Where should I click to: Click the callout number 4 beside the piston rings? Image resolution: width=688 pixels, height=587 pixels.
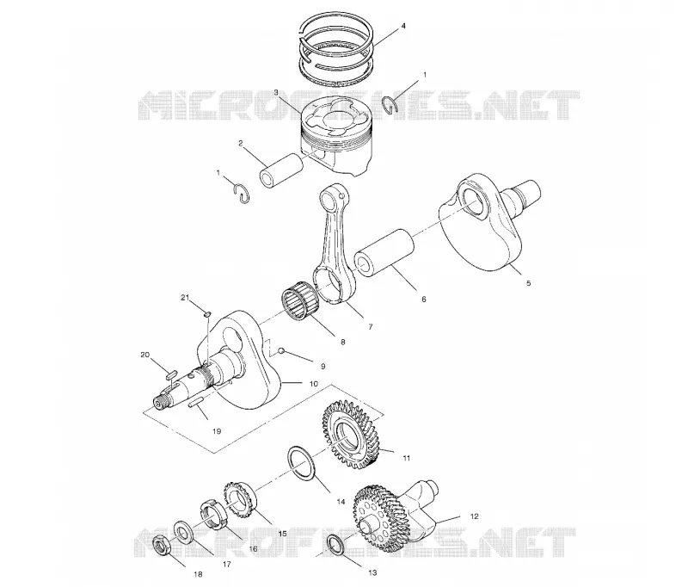[403, 27]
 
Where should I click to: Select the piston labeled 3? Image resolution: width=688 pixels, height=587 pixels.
[335, 139]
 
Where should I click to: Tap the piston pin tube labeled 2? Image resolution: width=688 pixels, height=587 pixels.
[282, 170]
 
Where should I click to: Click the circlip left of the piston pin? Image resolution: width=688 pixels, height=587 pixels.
[243, 194]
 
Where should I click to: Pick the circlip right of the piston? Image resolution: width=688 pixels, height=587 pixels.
[390, 105]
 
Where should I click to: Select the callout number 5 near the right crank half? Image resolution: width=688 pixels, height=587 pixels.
[528, 283]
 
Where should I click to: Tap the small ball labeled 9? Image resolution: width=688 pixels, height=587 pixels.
[282, 350]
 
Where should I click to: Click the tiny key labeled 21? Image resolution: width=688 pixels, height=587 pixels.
[208, 313]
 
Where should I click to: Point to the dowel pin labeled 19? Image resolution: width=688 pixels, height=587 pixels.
[196, 403]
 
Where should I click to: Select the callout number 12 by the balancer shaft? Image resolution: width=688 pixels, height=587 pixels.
[474, 516]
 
